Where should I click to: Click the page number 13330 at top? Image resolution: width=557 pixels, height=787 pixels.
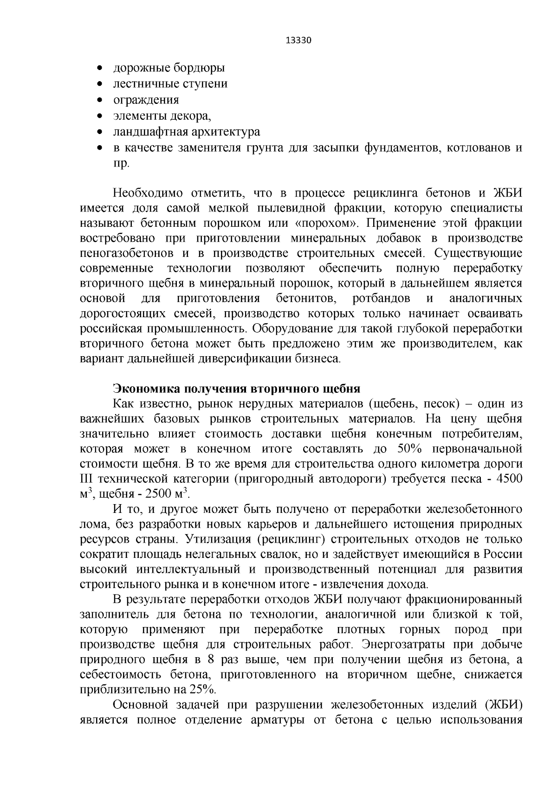pos(297,40)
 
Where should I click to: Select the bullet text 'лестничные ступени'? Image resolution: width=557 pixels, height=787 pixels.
pos(170,84)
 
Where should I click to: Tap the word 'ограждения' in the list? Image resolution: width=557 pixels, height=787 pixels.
pos(146,100)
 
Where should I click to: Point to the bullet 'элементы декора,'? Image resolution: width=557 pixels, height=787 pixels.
pos(162,116)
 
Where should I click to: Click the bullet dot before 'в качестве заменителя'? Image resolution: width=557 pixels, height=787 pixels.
pos(99,148)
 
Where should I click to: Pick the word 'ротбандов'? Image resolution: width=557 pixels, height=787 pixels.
pos(382,298)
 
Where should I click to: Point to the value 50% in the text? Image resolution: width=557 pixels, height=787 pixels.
pos(408,449)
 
